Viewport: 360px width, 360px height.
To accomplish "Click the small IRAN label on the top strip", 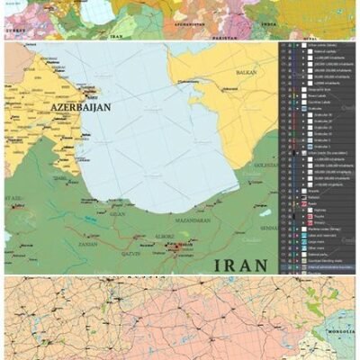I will (x=116, y=38).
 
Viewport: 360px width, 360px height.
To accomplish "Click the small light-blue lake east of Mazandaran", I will (x=265, y=212).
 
